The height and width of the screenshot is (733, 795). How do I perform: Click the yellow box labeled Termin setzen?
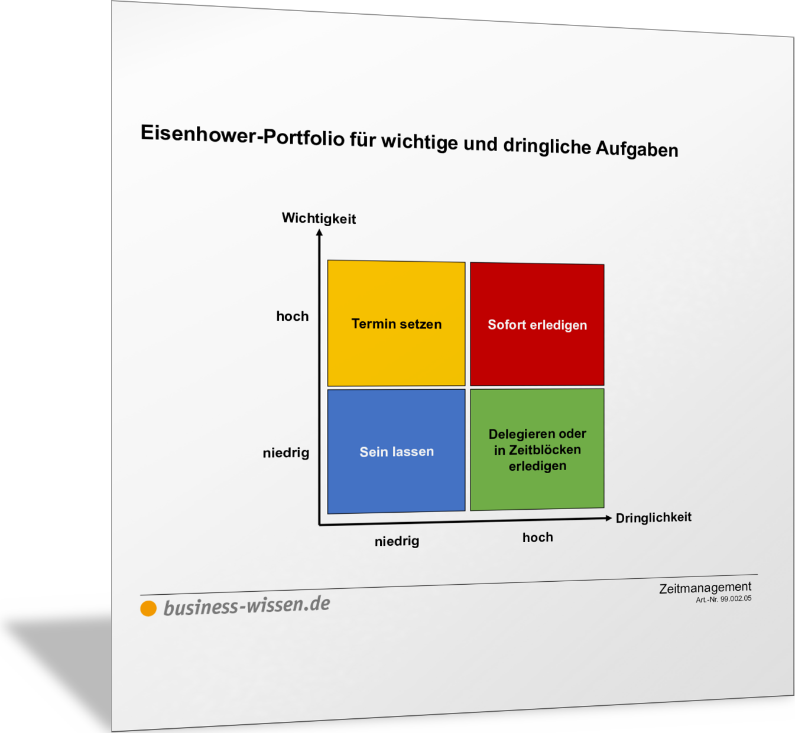(x=396, y=323)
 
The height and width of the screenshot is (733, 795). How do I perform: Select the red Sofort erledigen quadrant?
(x=537, y=324)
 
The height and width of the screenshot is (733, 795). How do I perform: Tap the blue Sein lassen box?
(x=396, y=451)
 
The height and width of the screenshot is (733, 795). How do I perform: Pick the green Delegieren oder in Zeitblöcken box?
(x=537, y=449)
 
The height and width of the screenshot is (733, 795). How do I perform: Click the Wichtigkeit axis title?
(x=319, y=219)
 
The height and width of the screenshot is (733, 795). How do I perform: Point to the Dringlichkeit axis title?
(x=654, y=518)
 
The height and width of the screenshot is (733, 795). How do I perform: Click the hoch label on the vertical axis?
(x=293, y=316)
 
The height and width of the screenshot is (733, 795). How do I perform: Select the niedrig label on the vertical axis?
(x=286, y=453)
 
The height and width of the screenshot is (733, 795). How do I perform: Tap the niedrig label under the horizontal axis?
(x=397, y=542)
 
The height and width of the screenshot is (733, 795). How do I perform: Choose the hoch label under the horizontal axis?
(x=538, y=537)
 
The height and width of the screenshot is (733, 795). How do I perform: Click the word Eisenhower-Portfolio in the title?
(x=242, y=135)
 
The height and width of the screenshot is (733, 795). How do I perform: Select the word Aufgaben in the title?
(x=637, y=149)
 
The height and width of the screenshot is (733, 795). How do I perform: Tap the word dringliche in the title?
(x=547, y=146)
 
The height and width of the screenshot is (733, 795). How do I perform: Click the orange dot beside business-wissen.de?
(x=148, y=608)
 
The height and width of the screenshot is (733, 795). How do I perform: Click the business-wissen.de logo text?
(x=246, y=606)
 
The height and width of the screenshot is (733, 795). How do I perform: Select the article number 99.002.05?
(x=736, y=599)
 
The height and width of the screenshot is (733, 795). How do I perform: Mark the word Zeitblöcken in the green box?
(x=545, y=450)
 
